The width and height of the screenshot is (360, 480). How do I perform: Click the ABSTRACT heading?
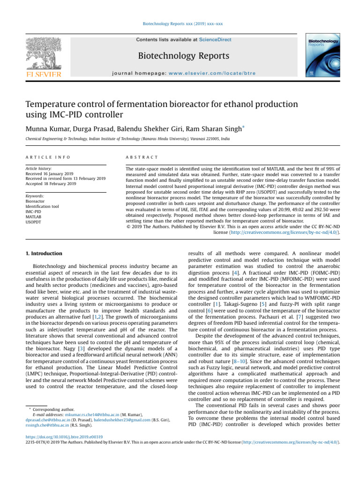pos(140,157)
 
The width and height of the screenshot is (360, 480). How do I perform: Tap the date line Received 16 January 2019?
pos(52,173)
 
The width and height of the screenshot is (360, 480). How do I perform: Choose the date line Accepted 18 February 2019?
pos(52,184)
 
